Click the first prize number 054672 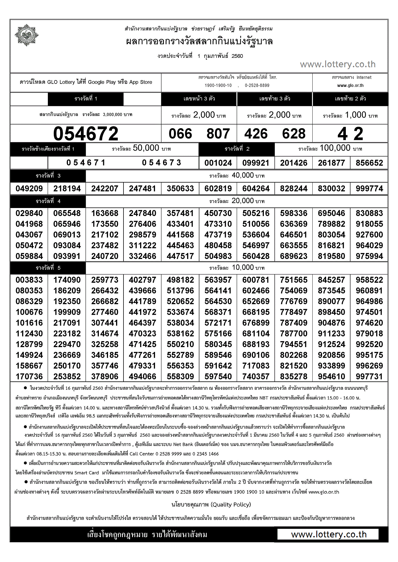(86, 134)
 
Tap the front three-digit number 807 (218, 134)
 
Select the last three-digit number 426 (256, 134)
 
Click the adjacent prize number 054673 (162, 163)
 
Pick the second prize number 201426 (294, 163)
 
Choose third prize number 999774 (369, 189)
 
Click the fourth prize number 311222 (142, 246)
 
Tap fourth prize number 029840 (29, 213)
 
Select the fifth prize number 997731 (369, 377)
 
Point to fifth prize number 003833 (29, 280)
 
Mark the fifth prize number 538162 (180, 334)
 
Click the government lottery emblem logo (26, 35)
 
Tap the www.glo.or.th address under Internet (350, 85)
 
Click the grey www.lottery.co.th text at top (338, 64)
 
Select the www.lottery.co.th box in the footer (328, 535)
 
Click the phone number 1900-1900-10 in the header (218, 85)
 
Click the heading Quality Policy (211, 504)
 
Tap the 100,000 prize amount (335, 148)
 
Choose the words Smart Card (87, 473)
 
